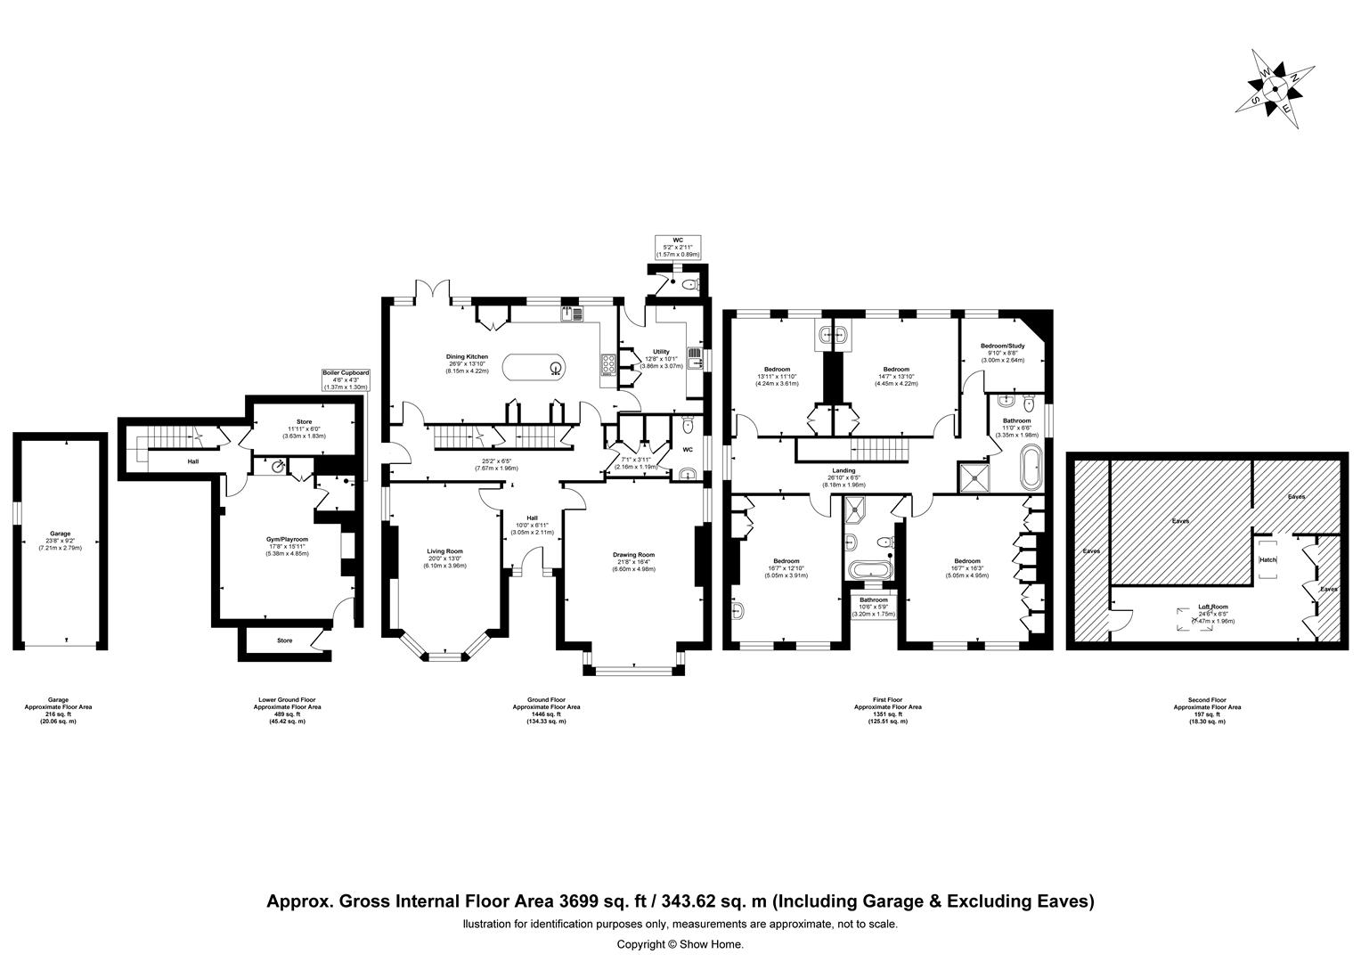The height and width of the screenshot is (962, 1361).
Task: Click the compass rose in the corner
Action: tap(1275, 89)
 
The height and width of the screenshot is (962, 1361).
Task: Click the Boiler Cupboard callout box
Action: tap(345, 381)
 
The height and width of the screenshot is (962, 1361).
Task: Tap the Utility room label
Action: tap(661, 352)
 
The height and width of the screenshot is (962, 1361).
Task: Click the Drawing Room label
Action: tap(633, 555)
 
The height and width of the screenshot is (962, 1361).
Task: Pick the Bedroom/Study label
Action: tap(1003, 346)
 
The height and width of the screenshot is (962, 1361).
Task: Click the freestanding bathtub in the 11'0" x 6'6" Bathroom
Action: tap(1031, 469)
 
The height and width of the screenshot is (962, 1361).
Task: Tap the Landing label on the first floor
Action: tap(843, 470)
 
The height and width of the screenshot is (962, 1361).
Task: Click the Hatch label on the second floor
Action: tap(1267, 560)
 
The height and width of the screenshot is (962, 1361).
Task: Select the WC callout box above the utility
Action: tap(678, 247)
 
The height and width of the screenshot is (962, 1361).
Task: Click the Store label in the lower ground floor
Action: tap(305, 422)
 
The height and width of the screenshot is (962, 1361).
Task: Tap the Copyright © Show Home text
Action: tap(680, 944)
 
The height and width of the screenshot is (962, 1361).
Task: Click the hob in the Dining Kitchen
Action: tap(609, 365)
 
